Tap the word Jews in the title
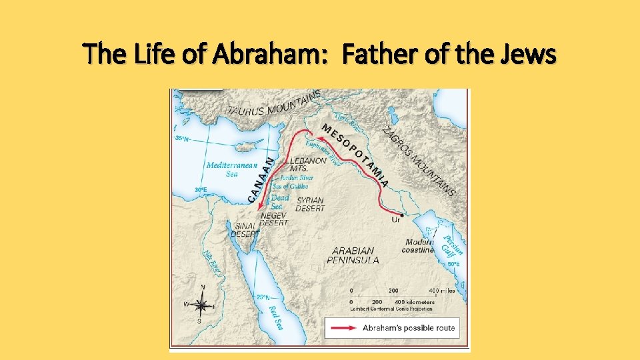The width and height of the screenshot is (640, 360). (x=530, y=55)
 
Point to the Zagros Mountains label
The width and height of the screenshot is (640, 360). (x=420, y=160)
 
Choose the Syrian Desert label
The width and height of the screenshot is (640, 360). (x=310, y=204)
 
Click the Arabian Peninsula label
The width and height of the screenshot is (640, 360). (x=354, y=255)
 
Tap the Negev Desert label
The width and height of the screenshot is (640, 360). (x=273, y=219)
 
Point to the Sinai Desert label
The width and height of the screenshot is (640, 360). (x=245, y=230)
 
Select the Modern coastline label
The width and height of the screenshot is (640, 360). (x=419, y=245)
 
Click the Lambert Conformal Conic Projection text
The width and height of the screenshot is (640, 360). (x=391, y=309)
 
